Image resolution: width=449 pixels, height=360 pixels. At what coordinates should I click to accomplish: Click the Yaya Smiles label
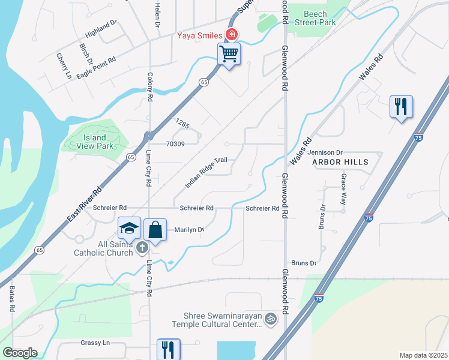pyautogui.click(x=198, y=34)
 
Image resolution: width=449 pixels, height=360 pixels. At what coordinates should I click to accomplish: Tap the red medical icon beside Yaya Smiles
pyautogui.click(x=231, y=34)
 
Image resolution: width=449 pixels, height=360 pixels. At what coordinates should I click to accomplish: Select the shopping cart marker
pyautogui.click(x=229, y=54)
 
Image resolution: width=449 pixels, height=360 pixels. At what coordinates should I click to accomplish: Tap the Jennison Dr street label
pyautogui.click(x=327, y=153)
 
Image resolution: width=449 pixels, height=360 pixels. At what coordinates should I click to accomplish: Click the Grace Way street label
pyautogui.click(x=343, y=189)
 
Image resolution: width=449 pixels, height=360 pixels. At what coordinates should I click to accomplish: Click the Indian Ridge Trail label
pyautogui.click(x=206, y=172)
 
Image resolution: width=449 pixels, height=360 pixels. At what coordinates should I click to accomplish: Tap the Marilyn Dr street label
pyautogui.click(x=189, y=230)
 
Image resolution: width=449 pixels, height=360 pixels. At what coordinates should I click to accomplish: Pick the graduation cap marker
pyautogui.click(x=130, y=229)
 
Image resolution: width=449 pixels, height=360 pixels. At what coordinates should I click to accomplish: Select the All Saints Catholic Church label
pyautogui.click(x=103, y=248)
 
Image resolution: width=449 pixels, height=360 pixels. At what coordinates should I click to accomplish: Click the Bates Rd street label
pyautogui.click(x=12, y=298)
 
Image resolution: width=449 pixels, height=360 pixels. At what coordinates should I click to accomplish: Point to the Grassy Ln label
pyautogui.click(x=95, y=343)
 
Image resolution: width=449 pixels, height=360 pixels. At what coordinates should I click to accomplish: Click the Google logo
pyautogui.click(x=20, y=353)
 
